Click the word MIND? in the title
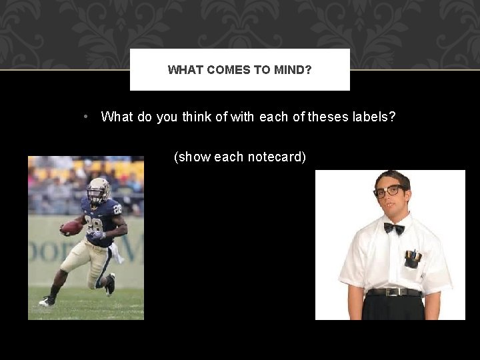point(293,69)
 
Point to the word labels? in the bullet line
point(374,117)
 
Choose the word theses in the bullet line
point(327,117)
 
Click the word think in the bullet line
point(197,117)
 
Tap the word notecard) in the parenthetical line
point(277,157)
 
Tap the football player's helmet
point(99,189)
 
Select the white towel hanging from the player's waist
point(117,252)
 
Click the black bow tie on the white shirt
point(393,228)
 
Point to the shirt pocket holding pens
point(413,259)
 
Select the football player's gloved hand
point(98,235)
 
